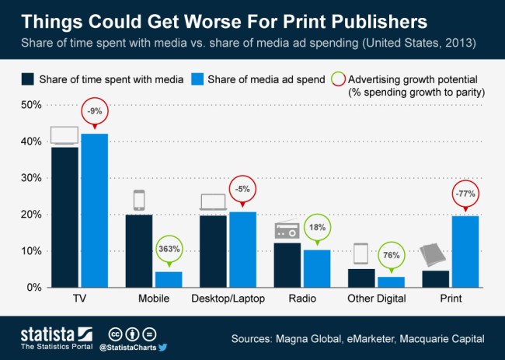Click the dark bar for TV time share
pos(64,217)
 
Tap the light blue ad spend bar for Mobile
pos(169,279)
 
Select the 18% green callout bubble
pos(316,228)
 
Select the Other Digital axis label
pos(376,299)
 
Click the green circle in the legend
pos(337,79)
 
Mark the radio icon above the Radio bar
pos(287,232)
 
